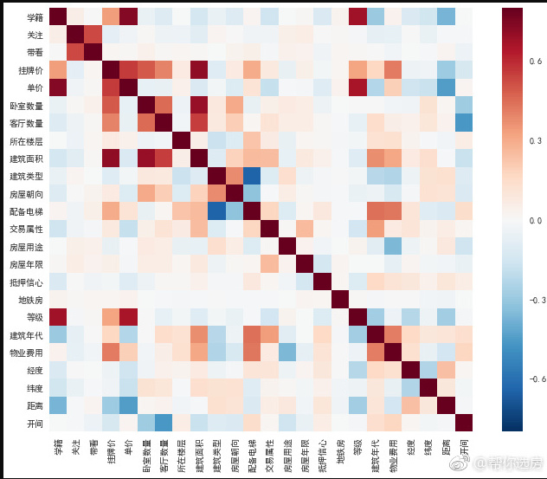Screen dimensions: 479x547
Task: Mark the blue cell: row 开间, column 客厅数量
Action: point(163,423)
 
